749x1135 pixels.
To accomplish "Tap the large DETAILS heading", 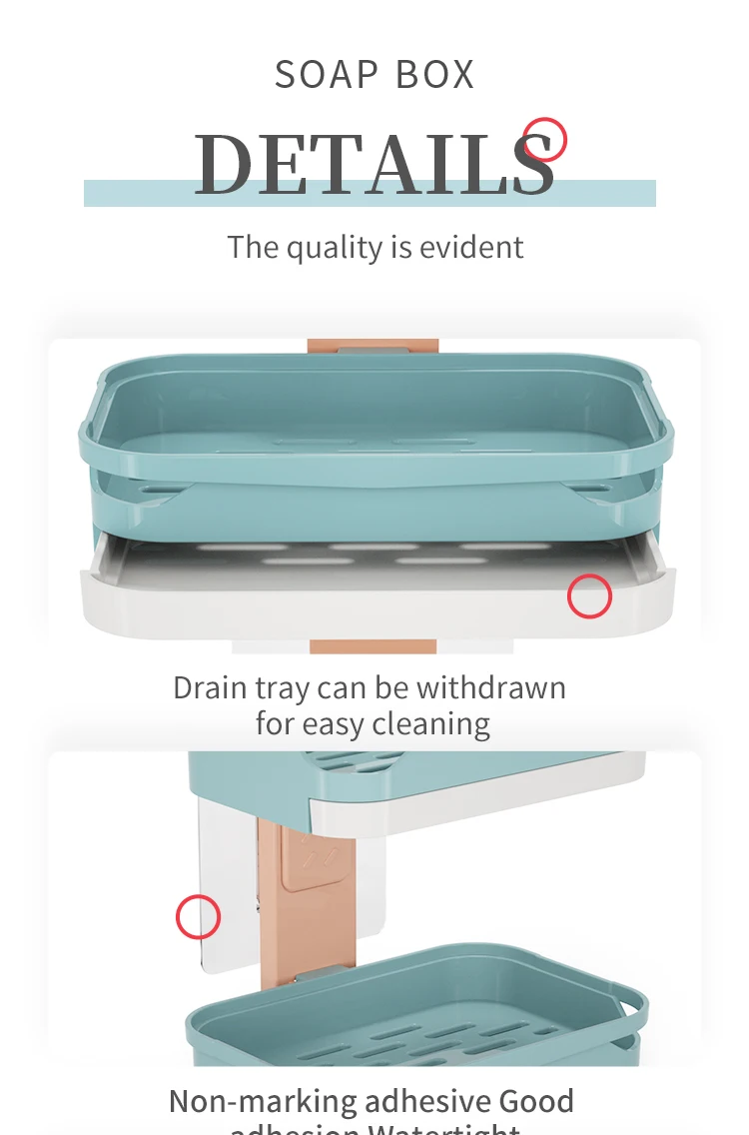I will (x=374, y=163).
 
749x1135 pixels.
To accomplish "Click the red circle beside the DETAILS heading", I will (x=545, y=139).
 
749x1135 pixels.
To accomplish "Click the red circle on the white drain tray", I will (x=589, y=596).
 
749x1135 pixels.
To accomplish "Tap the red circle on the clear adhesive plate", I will (x=198, y=916).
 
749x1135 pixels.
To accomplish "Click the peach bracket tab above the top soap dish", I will (x=373, y=346).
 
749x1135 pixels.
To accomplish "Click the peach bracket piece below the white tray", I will (x=373, y=646).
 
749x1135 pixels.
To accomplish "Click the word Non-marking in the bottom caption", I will (x=263, y=1101).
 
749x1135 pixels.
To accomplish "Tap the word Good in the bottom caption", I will (x=536, y=1101).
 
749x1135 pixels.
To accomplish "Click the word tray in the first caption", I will (x=284, y=687).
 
